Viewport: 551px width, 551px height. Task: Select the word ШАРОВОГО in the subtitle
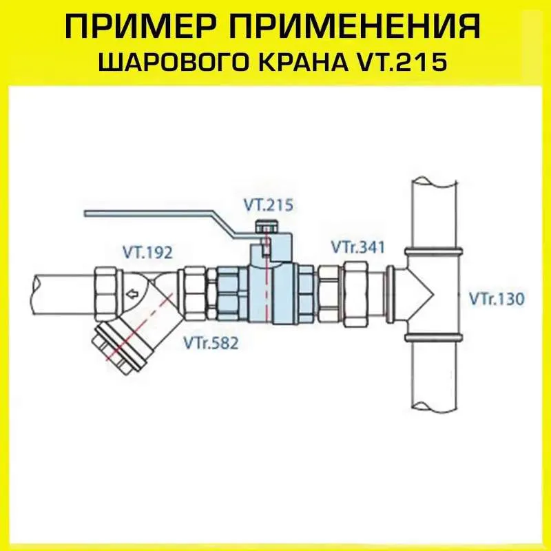(x=175, y=63)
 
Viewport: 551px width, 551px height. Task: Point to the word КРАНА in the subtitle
(x=300, y=63)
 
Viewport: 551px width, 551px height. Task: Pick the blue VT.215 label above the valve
(x=269, y=205)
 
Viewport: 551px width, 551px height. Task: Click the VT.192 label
(x=148, y=253)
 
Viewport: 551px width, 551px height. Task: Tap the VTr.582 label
(x=211, y=343)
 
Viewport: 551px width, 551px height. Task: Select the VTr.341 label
(x=358, y=247)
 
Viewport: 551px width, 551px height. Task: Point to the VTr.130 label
(x=497, y=299)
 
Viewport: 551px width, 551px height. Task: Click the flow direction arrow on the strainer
(x=132, y=293)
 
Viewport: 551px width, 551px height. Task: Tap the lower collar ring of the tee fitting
(x=433, y=337)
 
